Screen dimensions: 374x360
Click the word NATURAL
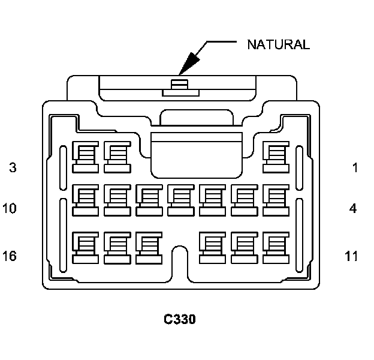pos(278,44)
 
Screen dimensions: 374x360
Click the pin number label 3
pos(13,167)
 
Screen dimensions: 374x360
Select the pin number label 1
pos(355,167)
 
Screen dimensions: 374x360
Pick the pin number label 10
pos(10,209)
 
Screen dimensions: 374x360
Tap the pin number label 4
pos(353,209)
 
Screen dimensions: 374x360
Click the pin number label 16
pos(10,256)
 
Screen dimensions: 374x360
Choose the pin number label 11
pos(352,256)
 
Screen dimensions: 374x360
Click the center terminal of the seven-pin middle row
pos(180,199)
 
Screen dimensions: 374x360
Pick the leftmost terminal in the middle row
pos(85,199)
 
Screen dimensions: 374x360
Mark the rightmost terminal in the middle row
pos(276,199)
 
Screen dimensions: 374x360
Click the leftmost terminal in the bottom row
pos(85,247)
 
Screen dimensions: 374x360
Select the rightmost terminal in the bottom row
pos(276,247)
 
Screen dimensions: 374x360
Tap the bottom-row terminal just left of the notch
pos(149,247)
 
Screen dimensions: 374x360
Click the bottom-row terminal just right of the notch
pos(212,247)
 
